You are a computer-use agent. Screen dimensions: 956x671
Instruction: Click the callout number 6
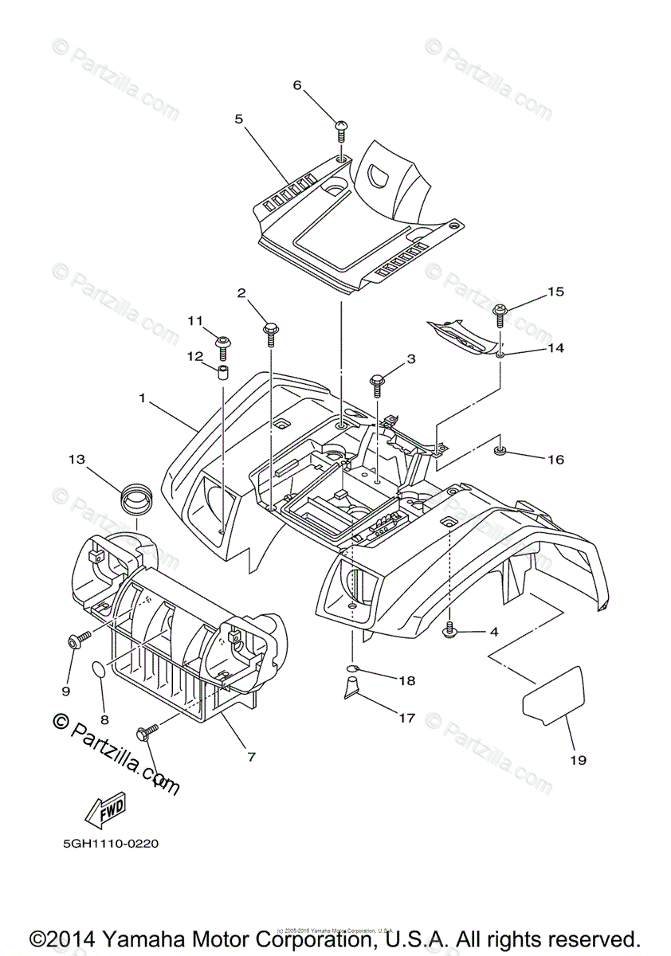click(298, 85)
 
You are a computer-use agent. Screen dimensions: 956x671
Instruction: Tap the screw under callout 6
click(340, 128)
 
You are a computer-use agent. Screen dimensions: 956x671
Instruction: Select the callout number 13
click(76, 460)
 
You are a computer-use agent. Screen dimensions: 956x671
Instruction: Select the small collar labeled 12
click(223, 373)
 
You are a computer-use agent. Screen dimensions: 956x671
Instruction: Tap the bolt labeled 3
click(377, 382)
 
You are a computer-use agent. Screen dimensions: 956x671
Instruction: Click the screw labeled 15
click(500, 314)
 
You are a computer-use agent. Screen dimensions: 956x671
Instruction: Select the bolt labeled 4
click(449, 630)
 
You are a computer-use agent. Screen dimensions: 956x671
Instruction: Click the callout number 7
click(251, 757)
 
